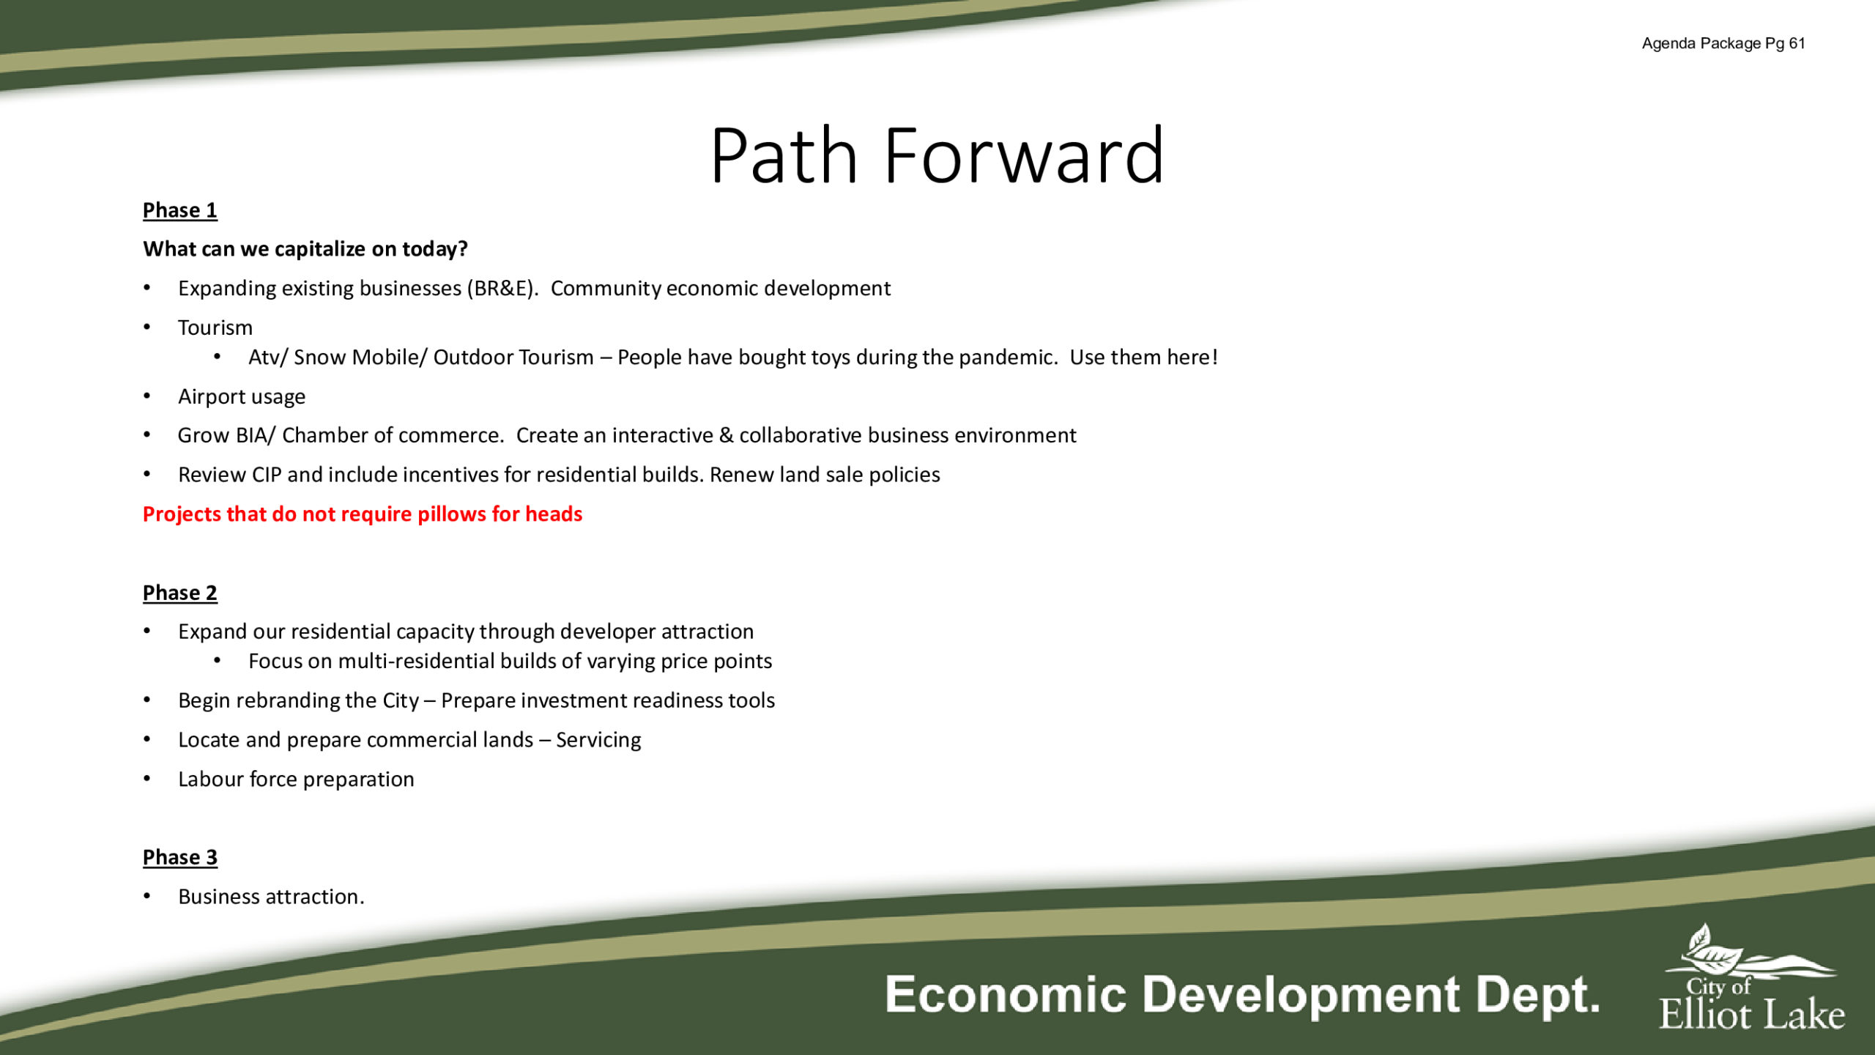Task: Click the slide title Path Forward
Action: click(x=937, y=155)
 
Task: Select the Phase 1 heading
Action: click(x=180, y=210)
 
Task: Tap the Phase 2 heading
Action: click(x=180, y=593)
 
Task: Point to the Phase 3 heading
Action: click(x=180, y=857)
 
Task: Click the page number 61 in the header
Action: click(x=1797, y=43)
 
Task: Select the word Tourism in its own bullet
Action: click(x=215, y=327)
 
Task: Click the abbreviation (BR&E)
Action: click(x=502, y=289)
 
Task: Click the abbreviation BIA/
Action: click(x=256, y=435)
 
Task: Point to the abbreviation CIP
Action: click(x=267, y=475)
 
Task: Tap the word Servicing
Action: click(x=598, y=741)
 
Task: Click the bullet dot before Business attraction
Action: click(x=147, y=896)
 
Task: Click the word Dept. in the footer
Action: click(x=1537, y=996)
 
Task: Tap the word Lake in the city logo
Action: click(x=1804, y=1015)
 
